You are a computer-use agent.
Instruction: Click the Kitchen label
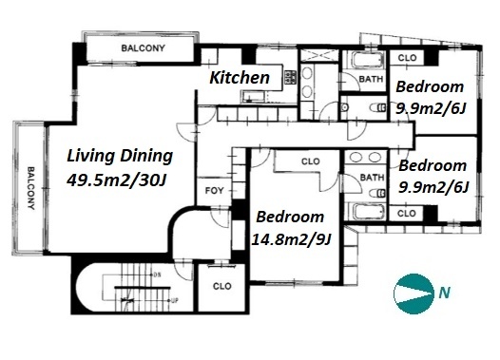[240, 78]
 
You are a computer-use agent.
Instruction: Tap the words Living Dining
[120, 156]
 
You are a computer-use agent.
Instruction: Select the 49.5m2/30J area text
[116, 180]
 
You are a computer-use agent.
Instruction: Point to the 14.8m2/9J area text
[291, 239]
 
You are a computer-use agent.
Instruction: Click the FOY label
[214, 191]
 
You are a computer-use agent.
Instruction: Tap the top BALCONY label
[144, 48]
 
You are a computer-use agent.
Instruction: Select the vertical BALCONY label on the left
[31, 188]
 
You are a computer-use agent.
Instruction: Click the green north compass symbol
[413, 294]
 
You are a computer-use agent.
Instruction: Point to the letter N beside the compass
[444, 293]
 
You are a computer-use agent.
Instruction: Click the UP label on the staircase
[174, 300]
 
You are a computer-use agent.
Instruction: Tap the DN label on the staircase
[157, 275]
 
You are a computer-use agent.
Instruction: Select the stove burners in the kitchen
[290, 77]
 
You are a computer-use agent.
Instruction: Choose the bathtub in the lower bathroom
[367, 212]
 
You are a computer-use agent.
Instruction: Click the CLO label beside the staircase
[221, 286]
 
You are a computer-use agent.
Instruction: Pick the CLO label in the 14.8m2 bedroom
[310, 161]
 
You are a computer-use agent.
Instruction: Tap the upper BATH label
[371, 79]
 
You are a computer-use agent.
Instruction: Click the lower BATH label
[372, 177]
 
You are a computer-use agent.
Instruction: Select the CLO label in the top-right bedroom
[407, 58]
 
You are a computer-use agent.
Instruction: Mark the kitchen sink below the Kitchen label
[253, 97]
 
